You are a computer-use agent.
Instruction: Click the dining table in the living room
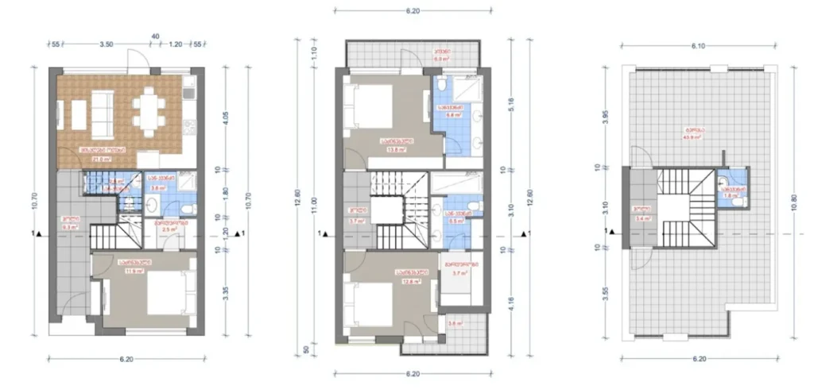coord(148,112)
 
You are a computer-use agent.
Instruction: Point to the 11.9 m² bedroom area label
coord(132,270)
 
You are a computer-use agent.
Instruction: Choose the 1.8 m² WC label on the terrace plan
coord(731,195)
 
